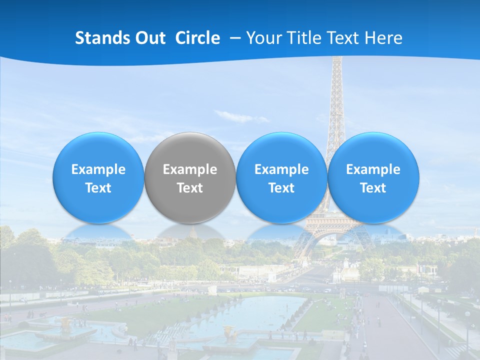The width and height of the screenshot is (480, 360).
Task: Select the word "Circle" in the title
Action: pos(197,38)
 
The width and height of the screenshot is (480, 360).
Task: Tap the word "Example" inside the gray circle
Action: pos(190,169)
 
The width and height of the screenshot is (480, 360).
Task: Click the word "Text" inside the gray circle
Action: pos(190,188)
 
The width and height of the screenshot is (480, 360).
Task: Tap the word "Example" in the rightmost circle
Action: pos(373,169)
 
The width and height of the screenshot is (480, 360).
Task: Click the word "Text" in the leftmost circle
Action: pos(98,188)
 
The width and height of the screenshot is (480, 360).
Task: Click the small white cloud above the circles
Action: pos(235,116)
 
